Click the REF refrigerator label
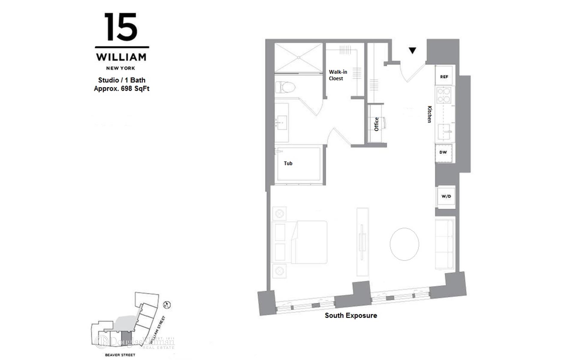tap(444, 77)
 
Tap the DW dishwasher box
tap(443, 152)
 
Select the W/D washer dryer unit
tap(446, 196)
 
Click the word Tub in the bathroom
tap(288, 163)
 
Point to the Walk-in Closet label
tap(338, 75)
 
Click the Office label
tap(376, 124)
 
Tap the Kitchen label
tap(430, 114)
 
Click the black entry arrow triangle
tap(412, 51)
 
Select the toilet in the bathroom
tap(285, 87)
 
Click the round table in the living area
tap(404, 244)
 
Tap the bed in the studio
tap(309, 242)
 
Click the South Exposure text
tap(351, 316)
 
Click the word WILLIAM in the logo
tap(121, 57)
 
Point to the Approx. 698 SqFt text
tap(121, 89)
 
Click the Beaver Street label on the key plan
tap(120, 355)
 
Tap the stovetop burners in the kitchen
tap(443, 95)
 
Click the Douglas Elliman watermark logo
tap(135, 342)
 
